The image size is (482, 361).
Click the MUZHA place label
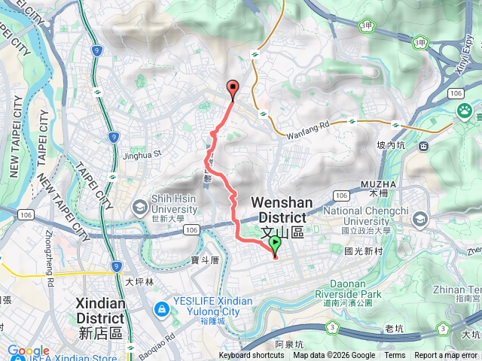[389, 184]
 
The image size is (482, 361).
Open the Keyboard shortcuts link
[252, 355]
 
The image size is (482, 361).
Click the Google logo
[28, 351]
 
